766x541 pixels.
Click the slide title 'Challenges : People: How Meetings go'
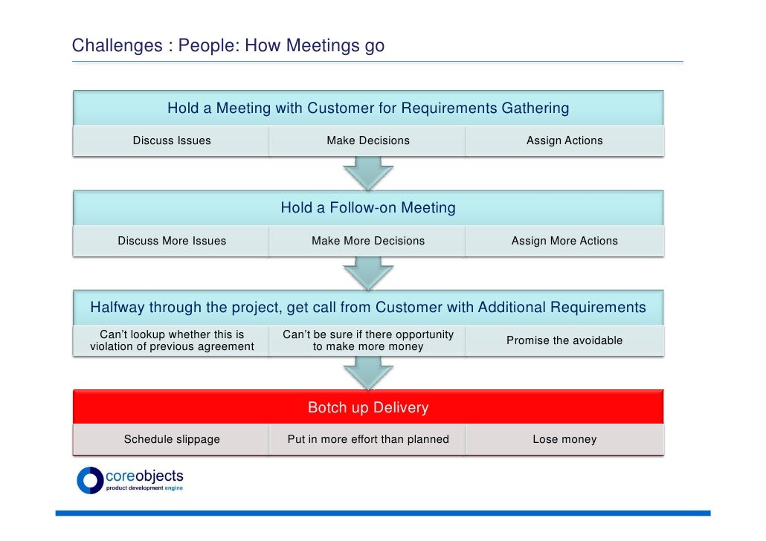(228, 46)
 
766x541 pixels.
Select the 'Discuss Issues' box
(171, 140)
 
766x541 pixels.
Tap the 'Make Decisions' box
(367, 140)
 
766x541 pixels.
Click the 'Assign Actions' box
(564, 140)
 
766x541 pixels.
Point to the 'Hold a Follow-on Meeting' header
(367, 208)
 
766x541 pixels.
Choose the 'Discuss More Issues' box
(171, 241)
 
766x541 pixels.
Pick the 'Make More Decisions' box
(367, 241)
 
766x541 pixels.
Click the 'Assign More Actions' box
(564, 241)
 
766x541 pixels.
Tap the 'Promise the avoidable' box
(564, 340)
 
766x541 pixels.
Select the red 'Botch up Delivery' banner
(367, 407)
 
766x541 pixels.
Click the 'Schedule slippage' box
(171, 439)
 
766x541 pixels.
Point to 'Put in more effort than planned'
(367, 439)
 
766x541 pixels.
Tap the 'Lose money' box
(564, 439)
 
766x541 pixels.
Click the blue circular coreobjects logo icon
(90, 480)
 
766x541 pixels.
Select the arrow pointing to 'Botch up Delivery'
(367, 372)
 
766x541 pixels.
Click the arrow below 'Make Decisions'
(367, 173)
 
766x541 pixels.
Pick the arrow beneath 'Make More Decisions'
(367, 273)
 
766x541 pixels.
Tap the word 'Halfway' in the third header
(118, 308)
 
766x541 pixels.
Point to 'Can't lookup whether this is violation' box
(171, 340)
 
